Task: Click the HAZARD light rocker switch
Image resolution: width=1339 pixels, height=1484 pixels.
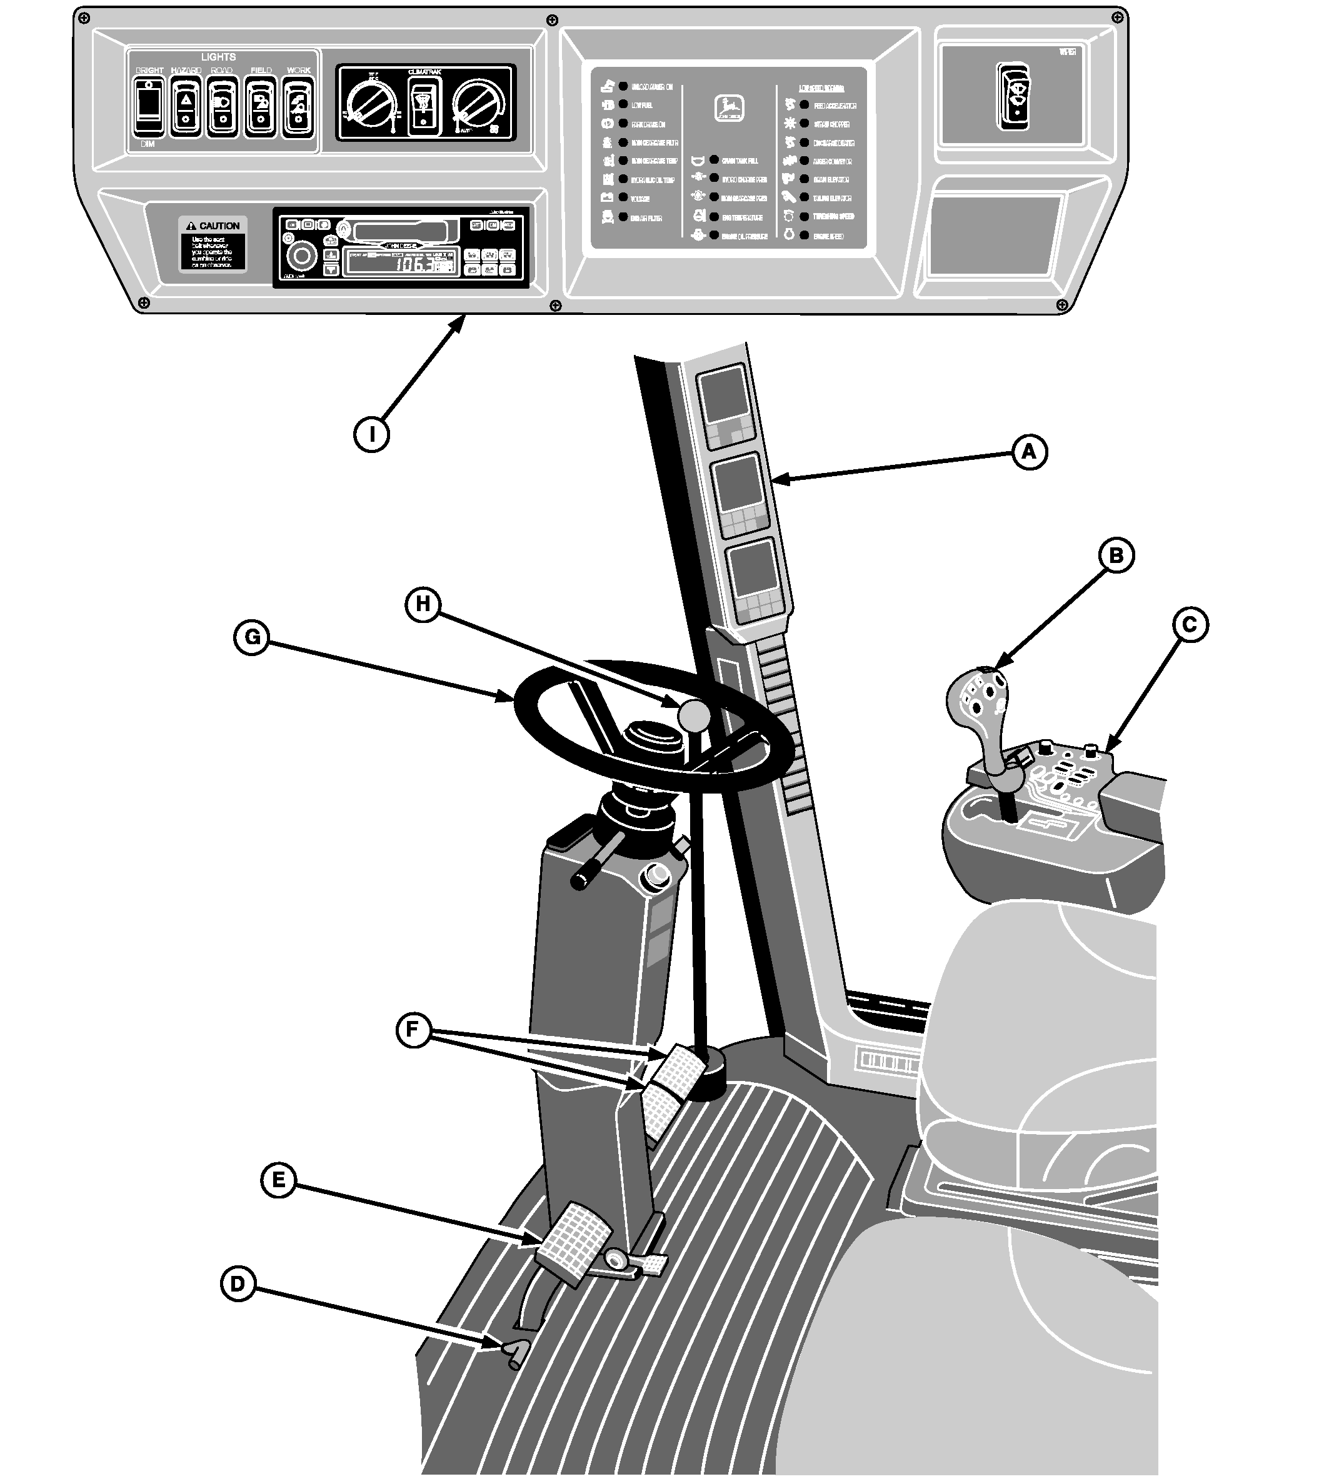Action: (x=186, y=107)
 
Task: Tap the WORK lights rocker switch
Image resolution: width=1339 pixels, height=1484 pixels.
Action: (x=298, y=107)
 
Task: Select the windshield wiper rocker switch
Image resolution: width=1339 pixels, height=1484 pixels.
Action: (x=1015, y=96)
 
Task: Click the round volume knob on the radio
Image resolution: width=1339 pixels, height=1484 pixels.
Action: (x=301, y=257)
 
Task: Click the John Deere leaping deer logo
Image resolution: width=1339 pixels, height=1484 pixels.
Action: (x=729, y=109)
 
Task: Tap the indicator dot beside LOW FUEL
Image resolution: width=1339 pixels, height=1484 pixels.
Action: (x=623, y=105)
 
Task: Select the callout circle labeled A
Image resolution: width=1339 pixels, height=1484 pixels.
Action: (x=1028, y=452)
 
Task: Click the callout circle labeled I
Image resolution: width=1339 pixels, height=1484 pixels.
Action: (x=371, y=435)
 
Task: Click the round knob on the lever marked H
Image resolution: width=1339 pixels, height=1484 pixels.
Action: (x=695, y=715)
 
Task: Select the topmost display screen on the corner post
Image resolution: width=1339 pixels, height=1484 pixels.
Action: (x=724, y=397)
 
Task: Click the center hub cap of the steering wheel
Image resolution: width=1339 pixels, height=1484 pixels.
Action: (x=647, y=735)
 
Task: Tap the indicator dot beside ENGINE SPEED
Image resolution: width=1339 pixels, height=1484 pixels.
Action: (x=805, y=236)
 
